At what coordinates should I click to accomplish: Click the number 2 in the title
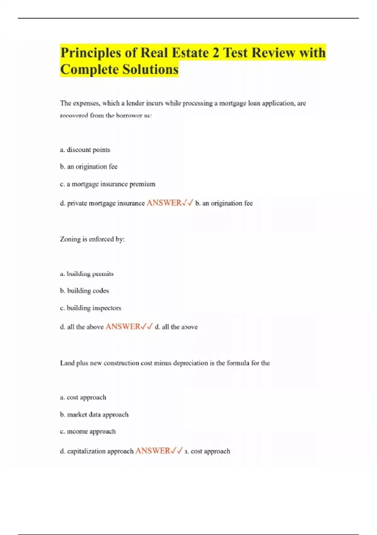click(x=216, y=53)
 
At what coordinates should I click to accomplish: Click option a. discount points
click(x=85, y=150)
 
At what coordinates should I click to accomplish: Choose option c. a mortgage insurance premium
click(x=107, y=184)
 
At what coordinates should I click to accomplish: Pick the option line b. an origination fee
click(x=89, y=167)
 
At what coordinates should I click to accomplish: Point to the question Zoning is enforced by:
click(x=92, y=239)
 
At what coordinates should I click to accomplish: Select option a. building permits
click(x=87, y=274)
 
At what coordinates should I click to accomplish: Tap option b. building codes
click(x=85, y=291)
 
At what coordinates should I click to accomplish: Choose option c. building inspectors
click(x=90, y=308)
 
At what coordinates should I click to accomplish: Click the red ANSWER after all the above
click(x=123, y=327)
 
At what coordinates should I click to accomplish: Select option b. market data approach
click(x=94, y=415)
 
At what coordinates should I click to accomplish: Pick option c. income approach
click(x=88, y=431)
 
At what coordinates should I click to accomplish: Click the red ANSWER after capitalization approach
click(x=153, y=451)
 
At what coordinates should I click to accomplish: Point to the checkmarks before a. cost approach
click(x=177, y=451)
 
